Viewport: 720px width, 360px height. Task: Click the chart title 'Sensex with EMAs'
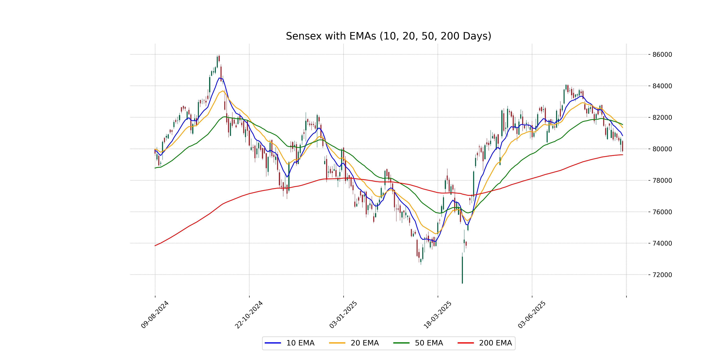(388, 36)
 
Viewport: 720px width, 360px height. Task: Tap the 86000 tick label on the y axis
(662, 54)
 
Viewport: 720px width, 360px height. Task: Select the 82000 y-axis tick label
(662, 117)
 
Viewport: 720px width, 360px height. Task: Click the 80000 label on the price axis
(662, 149)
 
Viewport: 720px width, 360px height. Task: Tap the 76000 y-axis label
(662, 212)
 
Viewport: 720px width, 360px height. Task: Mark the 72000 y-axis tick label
(662, 275)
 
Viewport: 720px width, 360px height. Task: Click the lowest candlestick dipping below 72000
(462, 270)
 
